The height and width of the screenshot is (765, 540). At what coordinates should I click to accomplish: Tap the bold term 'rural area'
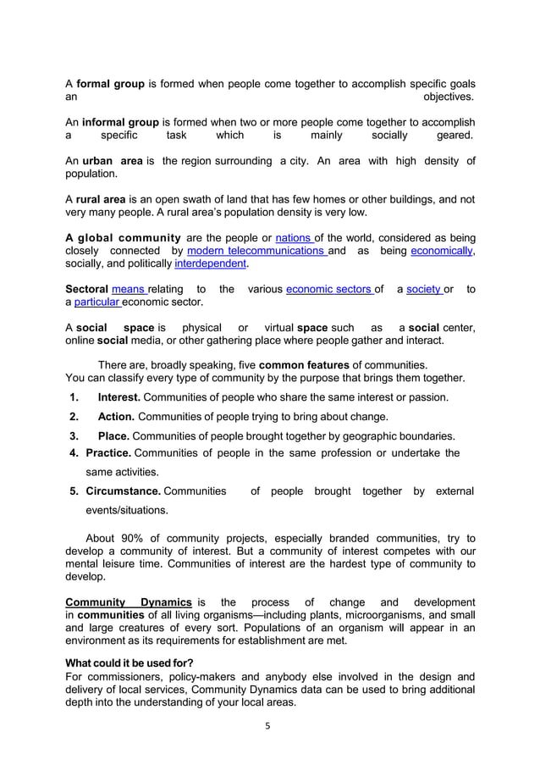tap(107, 200)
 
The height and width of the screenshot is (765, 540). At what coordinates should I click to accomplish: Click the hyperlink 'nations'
tap(294, 237)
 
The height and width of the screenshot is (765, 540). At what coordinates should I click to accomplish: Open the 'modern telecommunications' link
tap(256, 251)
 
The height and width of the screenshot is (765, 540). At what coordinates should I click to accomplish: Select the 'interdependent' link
tap(211, 263)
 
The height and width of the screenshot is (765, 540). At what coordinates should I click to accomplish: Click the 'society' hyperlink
tap(423, 289)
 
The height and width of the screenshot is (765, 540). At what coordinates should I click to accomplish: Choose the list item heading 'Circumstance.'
tap(123, 491)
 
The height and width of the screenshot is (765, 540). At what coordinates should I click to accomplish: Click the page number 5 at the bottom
tap(269, 725)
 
